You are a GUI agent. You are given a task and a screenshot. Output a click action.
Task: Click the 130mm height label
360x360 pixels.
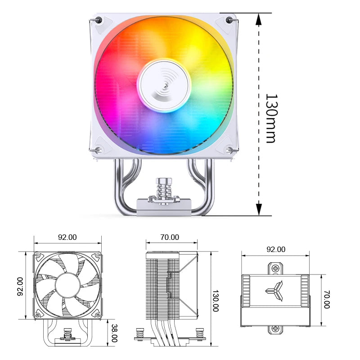(x=270, y=118)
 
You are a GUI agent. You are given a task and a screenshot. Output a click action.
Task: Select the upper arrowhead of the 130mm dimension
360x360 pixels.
(x=259, y=19)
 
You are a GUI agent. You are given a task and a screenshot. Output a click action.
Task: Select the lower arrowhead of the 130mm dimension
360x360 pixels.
(x=259, y=209)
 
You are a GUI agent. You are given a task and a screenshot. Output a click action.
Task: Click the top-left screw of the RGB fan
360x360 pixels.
(x=99, y=20)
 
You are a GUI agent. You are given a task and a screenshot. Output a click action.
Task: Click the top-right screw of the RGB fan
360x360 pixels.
(x=229, y=20)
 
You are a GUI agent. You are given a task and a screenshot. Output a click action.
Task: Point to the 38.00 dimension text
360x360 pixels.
(x=114, y=333)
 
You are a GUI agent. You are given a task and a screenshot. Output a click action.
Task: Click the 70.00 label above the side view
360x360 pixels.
(x=170, y=237)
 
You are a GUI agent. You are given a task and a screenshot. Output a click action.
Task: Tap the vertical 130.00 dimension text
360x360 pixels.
(x=216, y=301)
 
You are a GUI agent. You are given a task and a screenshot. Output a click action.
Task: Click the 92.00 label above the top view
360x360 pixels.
(x=276, y=249)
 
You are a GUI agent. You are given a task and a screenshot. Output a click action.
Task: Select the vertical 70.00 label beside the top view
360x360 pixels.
(x=327, y=299)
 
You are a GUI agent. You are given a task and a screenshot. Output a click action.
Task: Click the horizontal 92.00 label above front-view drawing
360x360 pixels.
(x=67, y=237)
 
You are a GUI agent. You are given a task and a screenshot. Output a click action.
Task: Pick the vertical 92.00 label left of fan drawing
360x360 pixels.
(x=20, y=286)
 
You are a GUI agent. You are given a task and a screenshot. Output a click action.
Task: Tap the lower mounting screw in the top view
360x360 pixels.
(x=275, y=329)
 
